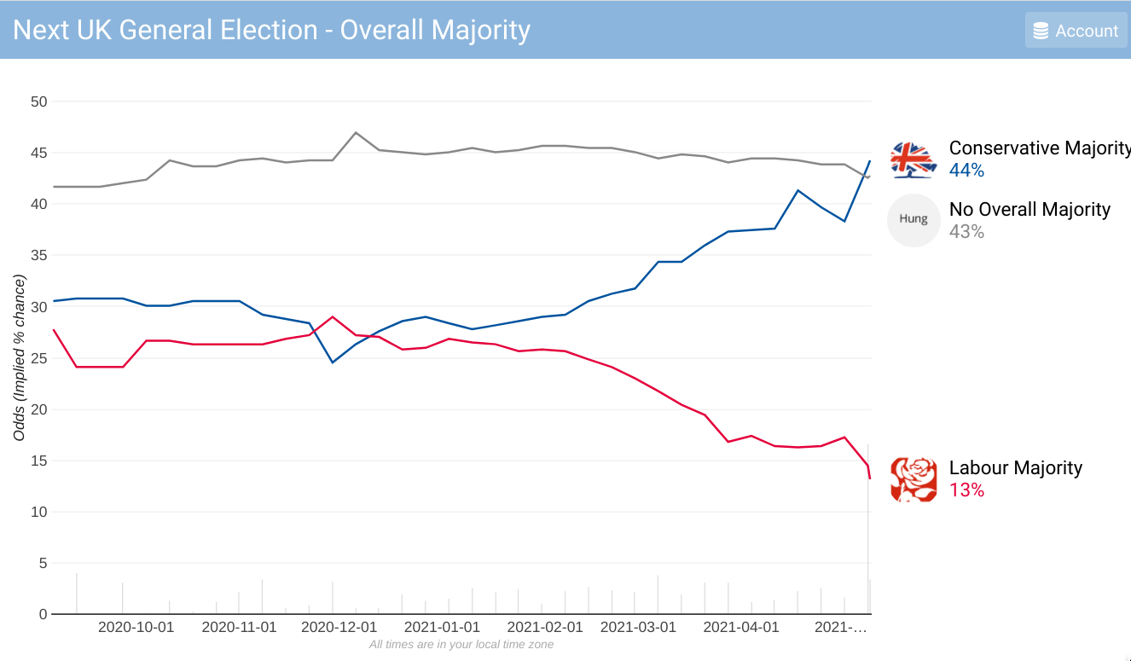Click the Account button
coord(1076,31)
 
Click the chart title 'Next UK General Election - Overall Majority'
coord(272,30)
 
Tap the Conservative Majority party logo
coord(913,159)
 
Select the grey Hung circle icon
coord(913,220)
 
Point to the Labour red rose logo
coord(913,479)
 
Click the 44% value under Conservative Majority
coord(966,171)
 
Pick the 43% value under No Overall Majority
coord(966,231)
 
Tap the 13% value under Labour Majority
coord(966,490)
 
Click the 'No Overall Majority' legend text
coord(1029,209)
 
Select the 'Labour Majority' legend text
coord(1015,467)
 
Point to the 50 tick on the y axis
coord(38,101)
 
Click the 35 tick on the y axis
coord(38,255)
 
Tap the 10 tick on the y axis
coord(38,512)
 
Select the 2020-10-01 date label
coord(136,627)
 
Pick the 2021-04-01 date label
coord(741,627)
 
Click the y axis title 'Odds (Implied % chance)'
coord(20,358)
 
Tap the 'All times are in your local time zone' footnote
coord(461,645)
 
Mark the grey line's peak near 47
coord(356,132)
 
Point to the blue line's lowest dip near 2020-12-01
coord(333,362)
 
